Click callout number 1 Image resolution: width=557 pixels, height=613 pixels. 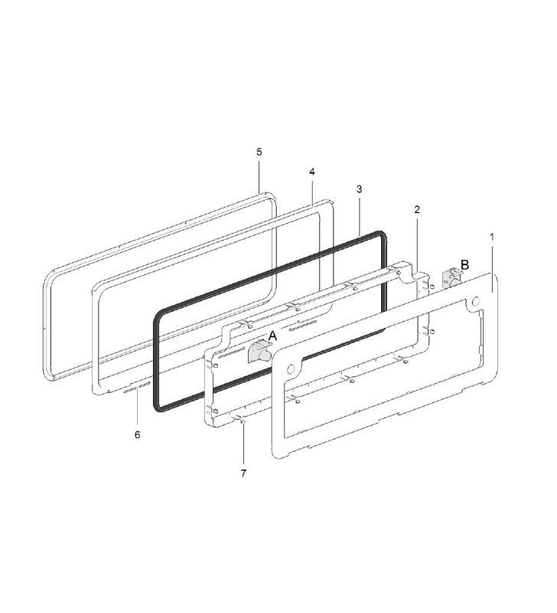[x=491, y=238]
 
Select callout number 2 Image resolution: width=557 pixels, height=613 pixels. [x=417, y=209]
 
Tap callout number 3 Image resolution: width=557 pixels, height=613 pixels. [x=359, y=188]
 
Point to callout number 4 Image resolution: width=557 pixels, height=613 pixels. [x=312, y=172]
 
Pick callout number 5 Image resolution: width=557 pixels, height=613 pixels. [x=259, y=152]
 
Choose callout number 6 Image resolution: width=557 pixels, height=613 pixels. [x=137, y=434]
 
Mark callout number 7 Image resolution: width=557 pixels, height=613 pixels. [x=243, y=474]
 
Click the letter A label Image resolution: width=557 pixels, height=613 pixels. [x=272, y=336]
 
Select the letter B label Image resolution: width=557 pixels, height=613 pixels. [x=464, y=265]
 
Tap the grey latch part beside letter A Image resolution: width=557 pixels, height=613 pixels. [x=259, y=352]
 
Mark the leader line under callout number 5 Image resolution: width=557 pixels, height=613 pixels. [x=259, y=175]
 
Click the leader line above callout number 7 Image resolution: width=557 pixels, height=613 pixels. [x=243, y=444]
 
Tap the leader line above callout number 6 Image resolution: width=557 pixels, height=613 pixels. [x=137, y=410]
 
